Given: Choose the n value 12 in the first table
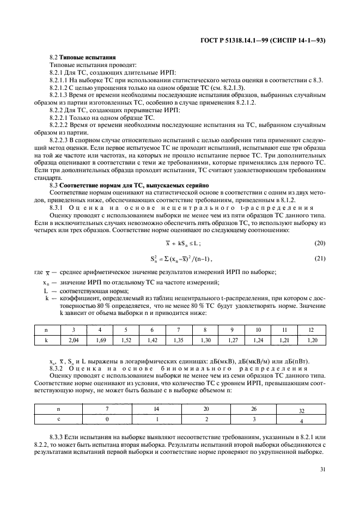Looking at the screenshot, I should point(312,329).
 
